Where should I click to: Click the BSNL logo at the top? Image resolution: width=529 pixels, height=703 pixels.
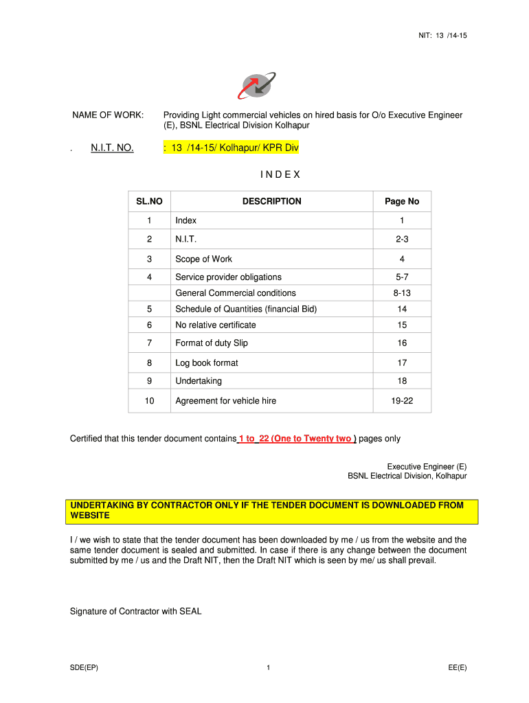tap(255, 86)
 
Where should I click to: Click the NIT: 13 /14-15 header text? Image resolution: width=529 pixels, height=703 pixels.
tap(443, 36)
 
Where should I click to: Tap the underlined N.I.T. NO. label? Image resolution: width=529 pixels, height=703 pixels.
tap(112, 148)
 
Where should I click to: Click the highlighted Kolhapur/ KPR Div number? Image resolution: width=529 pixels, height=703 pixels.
tap(232, 148)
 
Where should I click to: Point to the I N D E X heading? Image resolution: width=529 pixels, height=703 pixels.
tap(280, 174)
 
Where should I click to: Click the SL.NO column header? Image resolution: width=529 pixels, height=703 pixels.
tap(149, 201)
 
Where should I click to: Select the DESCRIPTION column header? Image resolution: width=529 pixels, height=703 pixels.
tap(271, 201)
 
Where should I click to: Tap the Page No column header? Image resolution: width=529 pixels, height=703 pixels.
tap(402, 201)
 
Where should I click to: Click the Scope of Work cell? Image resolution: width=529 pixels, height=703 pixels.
tap(203, 259)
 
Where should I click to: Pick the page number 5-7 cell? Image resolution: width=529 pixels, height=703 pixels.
tap(402, 277)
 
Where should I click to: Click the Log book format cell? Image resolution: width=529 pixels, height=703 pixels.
tap(207, 362)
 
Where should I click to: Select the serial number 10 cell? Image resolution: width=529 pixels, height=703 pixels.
tap(149, 400)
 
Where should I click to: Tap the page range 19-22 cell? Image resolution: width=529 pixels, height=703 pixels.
tap(402, 400)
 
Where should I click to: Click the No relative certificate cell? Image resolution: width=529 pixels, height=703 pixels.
tap(216, 325)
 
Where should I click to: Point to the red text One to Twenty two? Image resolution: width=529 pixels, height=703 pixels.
tap(312, 439)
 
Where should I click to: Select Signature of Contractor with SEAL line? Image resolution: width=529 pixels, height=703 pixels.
tap(136, 611)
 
